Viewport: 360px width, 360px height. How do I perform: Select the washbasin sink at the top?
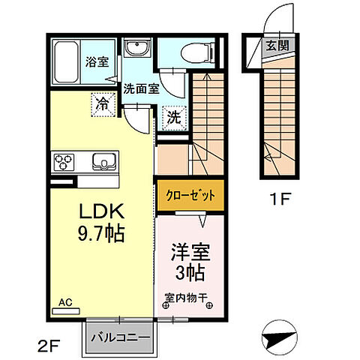coord(138,50)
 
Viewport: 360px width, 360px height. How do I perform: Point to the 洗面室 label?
coord(139,88)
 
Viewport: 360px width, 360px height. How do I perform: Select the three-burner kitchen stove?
coord(64,161)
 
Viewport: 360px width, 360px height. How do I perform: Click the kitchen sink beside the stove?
coord(101,161)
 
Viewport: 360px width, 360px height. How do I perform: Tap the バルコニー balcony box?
coord(120,337)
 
